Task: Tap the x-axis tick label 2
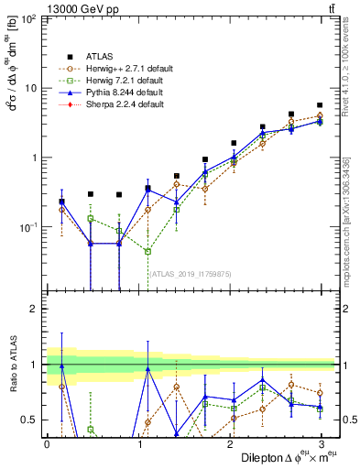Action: click(230, 443)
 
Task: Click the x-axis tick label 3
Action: click(322, 443)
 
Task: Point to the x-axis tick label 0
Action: click(47, 443)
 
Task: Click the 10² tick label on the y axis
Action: click(28, 19)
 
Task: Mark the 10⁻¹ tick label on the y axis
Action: click(28, 226)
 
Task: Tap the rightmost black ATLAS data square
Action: click(320, 105)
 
